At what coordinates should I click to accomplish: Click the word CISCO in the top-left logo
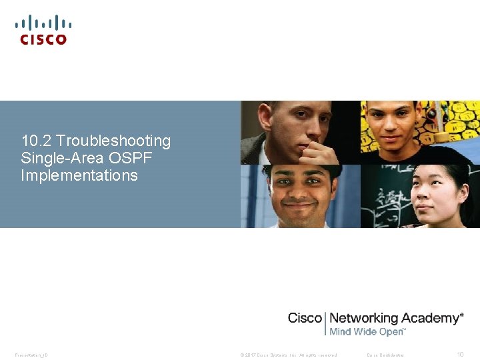[43, 39]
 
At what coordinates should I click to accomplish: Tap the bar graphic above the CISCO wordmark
[43, 23]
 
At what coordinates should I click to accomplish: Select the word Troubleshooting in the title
[114, 141]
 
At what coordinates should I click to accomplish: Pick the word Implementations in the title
[79, 175]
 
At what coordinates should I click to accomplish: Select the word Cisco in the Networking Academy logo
[305, 319]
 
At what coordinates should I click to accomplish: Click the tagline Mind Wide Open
[367, 331]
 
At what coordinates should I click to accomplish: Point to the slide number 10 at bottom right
[459, 355]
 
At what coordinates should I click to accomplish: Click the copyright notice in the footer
[289, 355]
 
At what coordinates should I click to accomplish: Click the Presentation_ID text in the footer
[31, 355]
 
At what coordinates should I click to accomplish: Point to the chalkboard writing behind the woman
[387, 200]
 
